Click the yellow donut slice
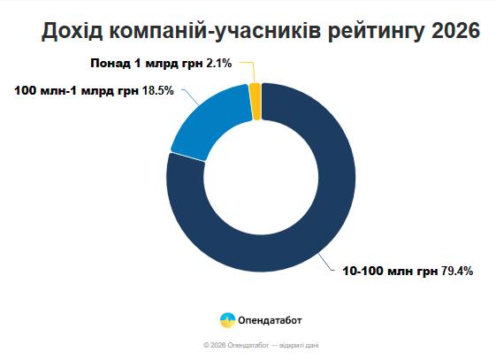tap(256, 101)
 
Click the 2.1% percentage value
tap(219, 64)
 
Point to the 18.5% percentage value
tap(158, 91)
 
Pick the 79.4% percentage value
tap(457, 272)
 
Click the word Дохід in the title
tap(72, 31)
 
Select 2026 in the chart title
tap(455, 31)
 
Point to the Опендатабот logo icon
tap(227, 320)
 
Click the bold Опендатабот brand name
tap(270, 320)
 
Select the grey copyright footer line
tap(261, 345)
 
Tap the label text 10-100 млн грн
tap(391, 272)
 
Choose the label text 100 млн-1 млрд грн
tap(77, 91)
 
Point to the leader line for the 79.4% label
tap(326, 262)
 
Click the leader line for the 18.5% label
tap(191, 96)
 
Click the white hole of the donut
tap(261, 178)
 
